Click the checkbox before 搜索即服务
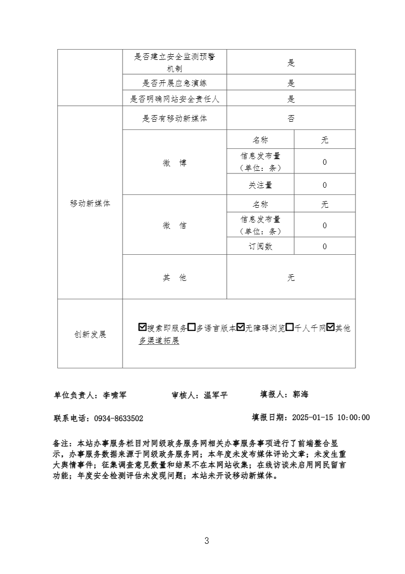pos(142,327)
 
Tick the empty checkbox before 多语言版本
pos(192,327)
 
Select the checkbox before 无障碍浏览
pos(241,327)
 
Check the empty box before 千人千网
pos(290,327)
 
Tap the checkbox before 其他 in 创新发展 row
pos(330,327)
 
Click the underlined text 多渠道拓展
pos(159,341)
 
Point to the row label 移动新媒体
pos(90,203)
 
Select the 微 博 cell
pos(175,163)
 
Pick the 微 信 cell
pos(175,225)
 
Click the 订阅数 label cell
pos(260,247)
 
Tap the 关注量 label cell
pos(260,185)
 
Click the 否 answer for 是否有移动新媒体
pos(291,119)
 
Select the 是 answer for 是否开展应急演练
pos(291,83)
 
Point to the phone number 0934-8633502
pos(118,418)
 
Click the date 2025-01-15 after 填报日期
pos(313,417)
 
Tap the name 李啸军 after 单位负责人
pos(114,395)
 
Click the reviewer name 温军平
pos(216,395)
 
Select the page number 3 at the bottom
pos(206,541)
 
